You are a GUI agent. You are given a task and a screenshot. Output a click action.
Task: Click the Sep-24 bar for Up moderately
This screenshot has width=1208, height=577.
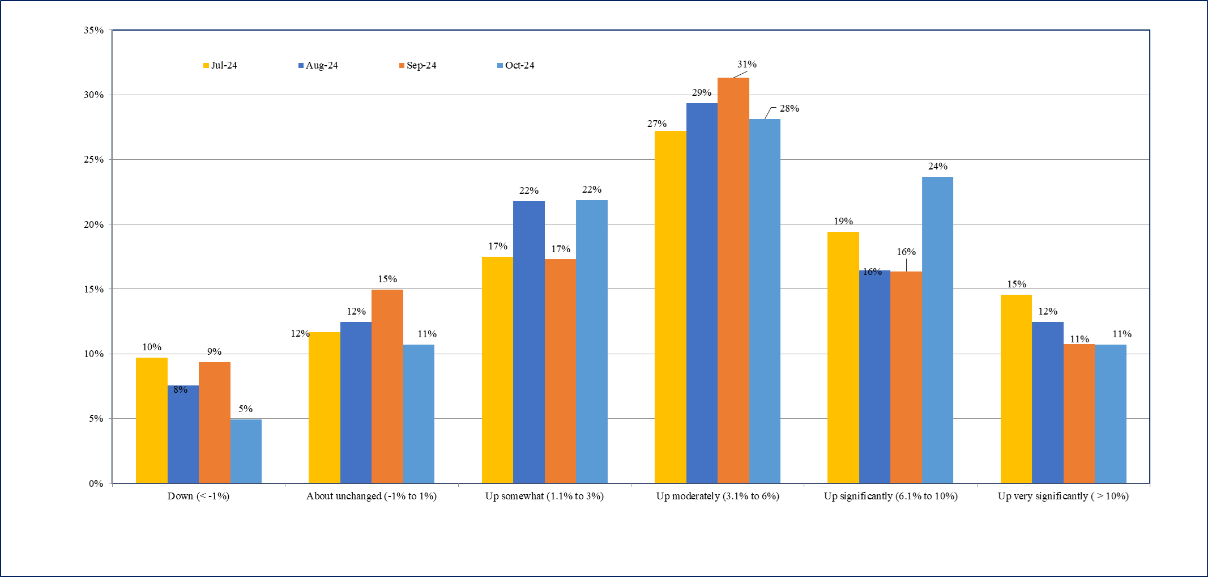(x=733, y=281)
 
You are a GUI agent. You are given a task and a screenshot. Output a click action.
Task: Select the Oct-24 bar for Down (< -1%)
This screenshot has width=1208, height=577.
(x=246, y=451)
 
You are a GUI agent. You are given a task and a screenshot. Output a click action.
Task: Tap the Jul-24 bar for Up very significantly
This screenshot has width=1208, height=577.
(x=1016, y=389)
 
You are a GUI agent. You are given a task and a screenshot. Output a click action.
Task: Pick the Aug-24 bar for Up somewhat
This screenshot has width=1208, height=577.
(x=528, y=342)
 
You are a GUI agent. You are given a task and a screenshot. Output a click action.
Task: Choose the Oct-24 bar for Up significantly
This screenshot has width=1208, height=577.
(x=937, y=330)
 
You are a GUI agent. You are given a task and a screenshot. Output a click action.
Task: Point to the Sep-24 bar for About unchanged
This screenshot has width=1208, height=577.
(x=387, y=387)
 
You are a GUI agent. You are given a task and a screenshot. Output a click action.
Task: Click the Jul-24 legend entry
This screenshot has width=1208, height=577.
(x=220, y=66)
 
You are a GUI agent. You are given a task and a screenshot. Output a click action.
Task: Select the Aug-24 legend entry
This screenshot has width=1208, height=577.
(x=318, y=66)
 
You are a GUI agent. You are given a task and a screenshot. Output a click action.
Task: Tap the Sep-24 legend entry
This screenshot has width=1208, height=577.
(x=418, y=66)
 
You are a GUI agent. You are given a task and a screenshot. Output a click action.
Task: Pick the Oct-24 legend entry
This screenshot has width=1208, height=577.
(x=516, y=66)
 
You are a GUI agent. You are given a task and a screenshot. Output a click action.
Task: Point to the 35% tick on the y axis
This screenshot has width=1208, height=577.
(x=94, y=30)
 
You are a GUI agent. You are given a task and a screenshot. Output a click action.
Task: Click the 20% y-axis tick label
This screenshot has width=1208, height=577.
(x=94, y=224)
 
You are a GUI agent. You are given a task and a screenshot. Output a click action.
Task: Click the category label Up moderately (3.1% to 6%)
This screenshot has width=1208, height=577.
(x=718, y=497)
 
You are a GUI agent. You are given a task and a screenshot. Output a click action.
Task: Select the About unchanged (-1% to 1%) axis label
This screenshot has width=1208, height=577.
(x=372, y=497)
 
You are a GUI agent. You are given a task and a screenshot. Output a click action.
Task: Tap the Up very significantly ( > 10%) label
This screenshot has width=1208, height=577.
(x=1063, y=497)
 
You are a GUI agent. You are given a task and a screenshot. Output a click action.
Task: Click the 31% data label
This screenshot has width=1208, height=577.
(x=746, y=65)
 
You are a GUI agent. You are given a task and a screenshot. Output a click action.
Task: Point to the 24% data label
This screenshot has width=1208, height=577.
(x=937, y=167)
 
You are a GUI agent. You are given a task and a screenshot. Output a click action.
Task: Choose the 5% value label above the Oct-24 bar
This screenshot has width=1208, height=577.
(x=245, y=409)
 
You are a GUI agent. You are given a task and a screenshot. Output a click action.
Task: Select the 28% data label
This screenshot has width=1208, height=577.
(x=789, y=109)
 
